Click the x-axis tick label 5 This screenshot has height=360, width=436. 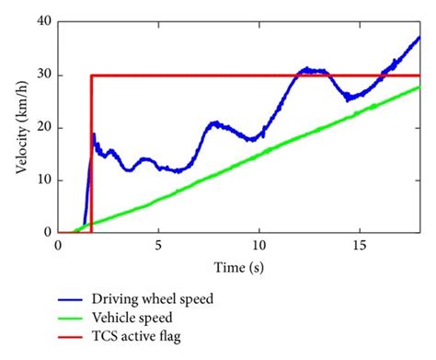point(158,247)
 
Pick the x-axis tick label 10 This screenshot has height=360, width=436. point(259,247)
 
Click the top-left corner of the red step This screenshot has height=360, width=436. point(91,75)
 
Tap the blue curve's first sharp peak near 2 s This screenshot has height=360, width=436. point(94,134)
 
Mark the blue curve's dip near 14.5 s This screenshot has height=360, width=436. point(349,98)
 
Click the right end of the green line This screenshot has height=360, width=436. point(419,87)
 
